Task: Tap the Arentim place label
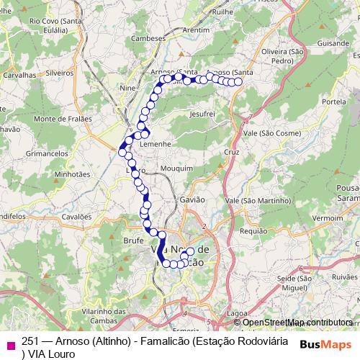click(x=196, y=30)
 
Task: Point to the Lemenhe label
click(x=154, y=144)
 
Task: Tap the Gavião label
click(x=193, y=199)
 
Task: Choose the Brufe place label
click(x=134, y=240)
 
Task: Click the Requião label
click(x=253, y=231)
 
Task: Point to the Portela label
click(x=334, y=102)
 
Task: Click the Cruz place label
click(x=231, y=153)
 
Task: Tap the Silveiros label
click(x=59, y=73)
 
